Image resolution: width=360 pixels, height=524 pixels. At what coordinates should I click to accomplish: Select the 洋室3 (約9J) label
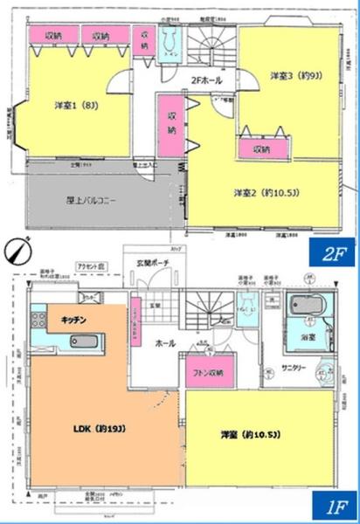(x=292, y=76)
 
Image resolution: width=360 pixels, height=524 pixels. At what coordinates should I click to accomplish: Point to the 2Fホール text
(x=204, y=81)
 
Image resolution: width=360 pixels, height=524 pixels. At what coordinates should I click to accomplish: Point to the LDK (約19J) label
(x=91, y=428)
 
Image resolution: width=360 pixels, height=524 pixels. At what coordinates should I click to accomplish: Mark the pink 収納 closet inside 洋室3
(x=262, y=149)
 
